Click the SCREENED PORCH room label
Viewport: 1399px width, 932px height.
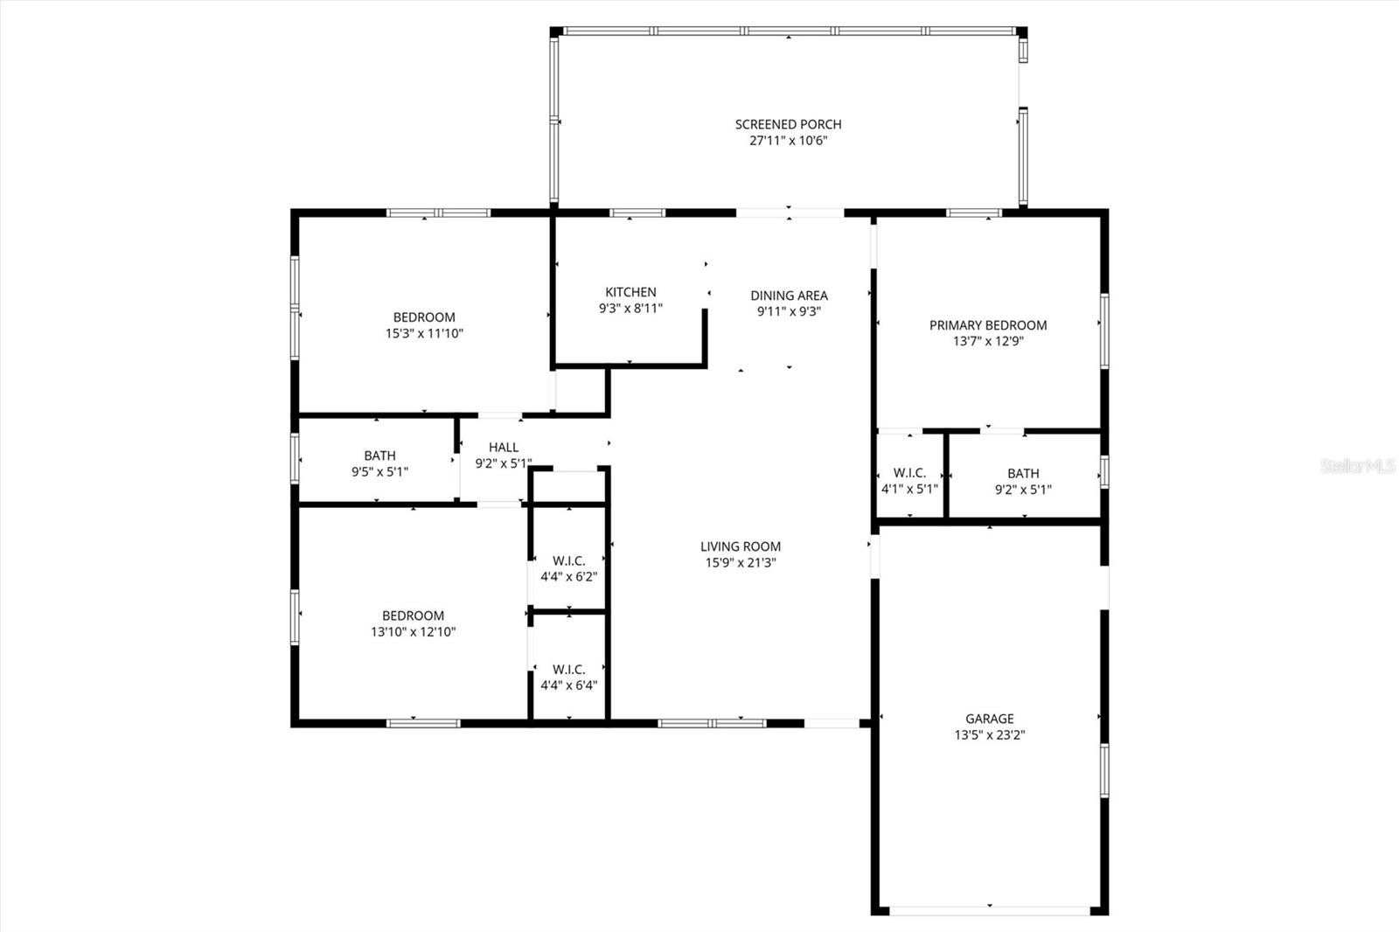pyautogui.click(x=788, y=124)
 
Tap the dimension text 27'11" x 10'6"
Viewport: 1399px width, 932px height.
pyautogui.click(x=788, y=141)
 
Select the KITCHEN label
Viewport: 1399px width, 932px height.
pyautogui.click(x=630, y=292)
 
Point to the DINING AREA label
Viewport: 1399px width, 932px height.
pyautogui.click(x=789, y=296)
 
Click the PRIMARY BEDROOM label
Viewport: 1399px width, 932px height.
pyautogui.click(x=988, y=325)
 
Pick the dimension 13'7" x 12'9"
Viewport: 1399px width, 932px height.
pyautogui.click(x=988, y=342)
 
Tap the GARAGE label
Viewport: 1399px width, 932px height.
pyautogui.click(x=990, y=719)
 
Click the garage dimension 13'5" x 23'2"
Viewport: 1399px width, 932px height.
pyautogui.click(x=990, y=735)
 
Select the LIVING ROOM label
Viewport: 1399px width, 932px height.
pyautogui.click(x=741, y=546)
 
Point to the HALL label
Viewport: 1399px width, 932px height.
pyautogui.click(x=504, y=447)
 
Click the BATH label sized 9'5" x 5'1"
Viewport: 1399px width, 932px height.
pyautogui.click(x=379, y=456)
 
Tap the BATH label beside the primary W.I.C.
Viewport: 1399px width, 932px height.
pyautogui.click(x=1023, y=473)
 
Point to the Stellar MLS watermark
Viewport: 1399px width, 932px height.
pyautogui.click(x=1358, y=467)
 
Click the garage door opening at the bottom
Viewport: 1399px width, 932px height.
pyautogui.click(x=990, y=910)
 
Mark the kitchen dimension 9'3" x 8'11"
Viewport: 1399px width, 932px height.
pyautogui.click(x=630, y=309)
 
